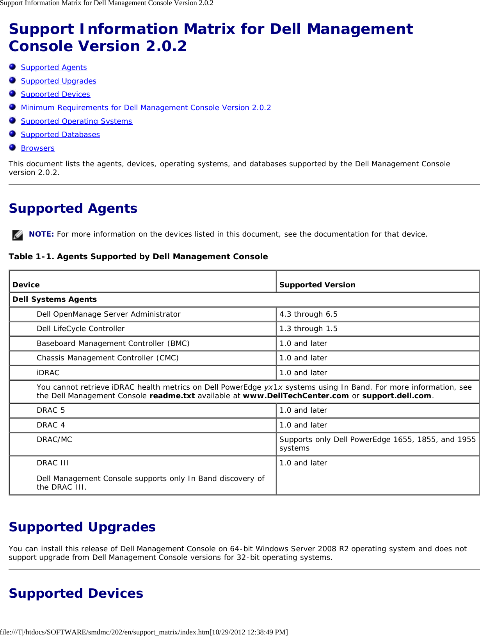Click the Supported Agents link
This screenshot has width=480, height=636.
[x=54, y=68]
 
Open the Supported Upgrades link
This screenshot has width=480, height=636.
[x=59, y=81]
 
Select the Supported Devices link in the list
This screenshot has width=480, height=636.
[x=55, y=94]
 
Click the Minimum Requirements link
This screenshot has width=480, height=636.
[x=146, y=108]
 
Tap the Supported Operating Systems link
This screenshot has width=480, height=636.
[x=76, y=121]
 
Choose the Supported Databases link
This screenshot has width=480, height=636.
[x=60, y=135]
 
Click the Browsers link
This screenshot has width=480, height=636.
[x=38, y=148]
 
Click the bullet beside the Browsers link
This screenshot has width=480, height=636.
[x=12, y=148]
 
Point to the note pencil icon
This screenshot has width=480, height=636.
[x=18, y=235]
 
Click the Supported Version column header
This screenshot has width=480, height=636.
[x=317, y=285]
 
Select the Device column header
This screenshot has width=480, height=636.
[x=26, y=285]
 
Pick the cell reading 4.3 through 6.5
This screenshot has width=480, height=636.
[x=308, y=314]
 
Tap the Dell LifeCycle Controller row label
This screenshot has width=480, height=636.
[x=80, y=329]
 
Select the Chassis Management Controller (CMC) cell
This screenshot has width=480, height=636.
[x=107, y=358]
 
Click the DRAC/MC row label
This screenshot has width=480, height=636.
[x=54, y=440]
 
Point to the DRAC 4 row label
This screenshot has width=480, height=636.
[x=51, y=425]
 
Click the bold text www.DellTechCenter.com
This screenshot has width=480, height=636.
[x=295, y=396]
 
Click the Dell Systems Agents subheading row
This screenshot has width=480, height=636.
[x=55, y=299]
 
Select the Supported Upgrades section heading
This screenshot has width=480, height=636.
[x=82, y=527]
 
